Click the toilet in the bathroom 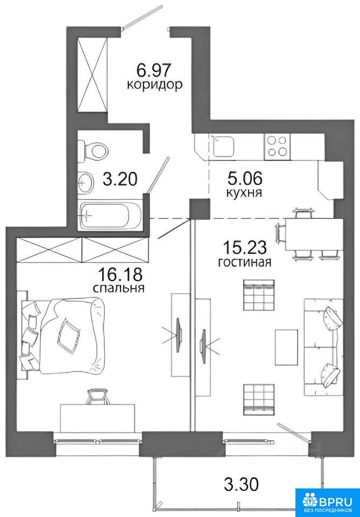tap(94, 151)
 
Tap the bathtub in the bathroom tap(111, 215)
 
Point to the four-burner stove tap(277, 146)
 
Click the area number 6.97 tap(154, 70)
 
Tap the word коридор tap(154, 85)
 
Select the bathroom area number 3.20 tap(120, 180)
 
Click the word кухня tap(244, 192)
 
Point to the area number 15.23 tap(245, 247)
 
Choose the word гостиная tap(245, 262)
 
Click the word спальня tap(118, 288)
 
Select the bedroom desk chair tap(98, 397)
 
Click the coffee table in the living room tap(286, 347)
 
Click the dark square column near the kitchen tap(200, 209)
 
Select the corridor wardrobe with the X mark tap(93, 75)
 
